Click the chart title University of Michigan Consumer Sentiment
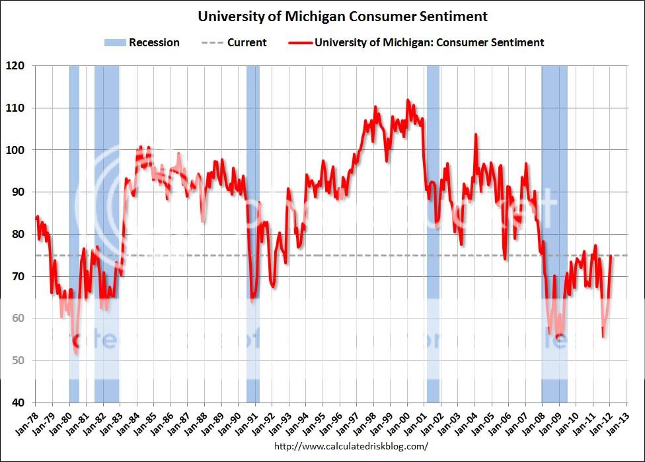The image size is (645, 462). (342, 17)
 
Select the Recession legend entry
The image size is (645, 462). (141, 43)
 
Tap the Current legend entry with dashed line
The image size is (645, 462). (234, 43)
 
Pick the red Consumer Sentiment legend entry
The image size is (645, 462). (416, 43)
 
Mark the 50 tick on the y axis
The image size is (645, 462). (17, 361)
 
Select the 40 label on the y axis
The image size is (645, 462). (17, 403)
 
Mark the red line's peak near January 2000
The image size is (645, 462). (407, 100)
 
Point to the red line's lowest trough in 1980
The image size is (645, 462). (77, 353)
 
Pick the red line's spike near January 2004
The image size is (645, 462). (476, 135)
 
